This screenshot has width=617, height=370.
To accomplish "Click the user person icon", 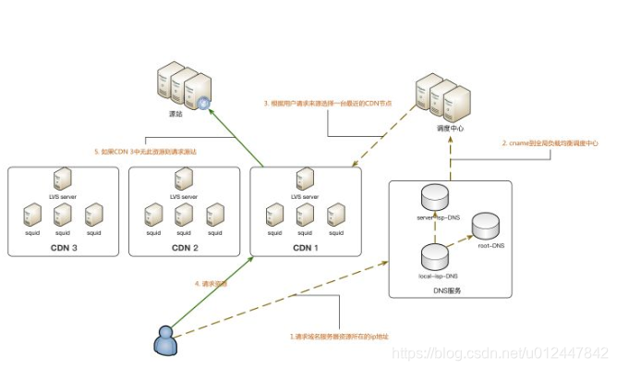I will pos(165,339).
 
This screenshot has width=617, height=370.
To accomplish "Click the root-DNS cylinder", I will pos(486,225).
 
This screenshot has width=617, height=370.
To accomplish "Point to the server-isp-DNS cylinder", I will pos(433,196).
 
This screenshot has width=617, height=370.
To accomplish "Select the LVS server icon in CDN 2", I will pos(183,179).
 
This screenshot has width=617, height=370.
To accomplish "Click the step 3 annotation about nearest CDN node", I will pos(327,104).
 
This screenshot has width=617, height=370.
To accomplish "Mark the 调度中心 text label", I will pos(449,129).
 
